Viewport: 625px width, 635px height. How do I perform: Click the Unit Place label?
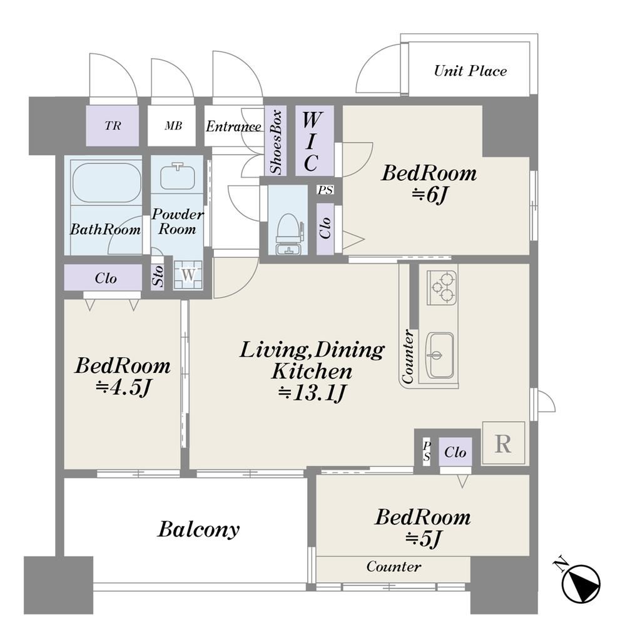470,71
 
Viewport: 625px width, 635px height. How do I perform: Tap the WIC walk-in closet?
314,141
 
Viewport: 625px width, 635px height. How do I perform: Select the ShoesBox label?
276,141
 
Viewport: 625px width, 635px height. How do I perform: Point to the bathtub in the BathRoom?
106,182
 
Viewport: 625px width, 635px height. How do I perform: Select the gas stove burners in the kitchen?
442,287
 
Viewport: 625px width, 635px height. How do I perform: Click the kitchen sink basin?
440,355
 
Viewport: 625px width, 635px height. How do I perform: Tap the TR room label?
113,126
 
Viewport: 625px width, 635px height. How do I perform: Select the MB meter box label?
173,126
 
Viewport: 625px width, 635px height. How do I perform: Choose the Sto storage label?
158,276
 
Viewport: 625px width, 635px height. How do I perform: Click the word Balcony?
198,529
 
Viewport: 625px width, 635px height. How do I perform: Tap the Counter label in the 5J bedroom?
394,566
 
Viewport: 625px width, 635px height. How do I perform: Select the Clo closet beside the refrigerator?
455,452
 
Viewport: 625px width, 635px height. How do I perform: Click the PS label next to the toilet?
325,190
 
